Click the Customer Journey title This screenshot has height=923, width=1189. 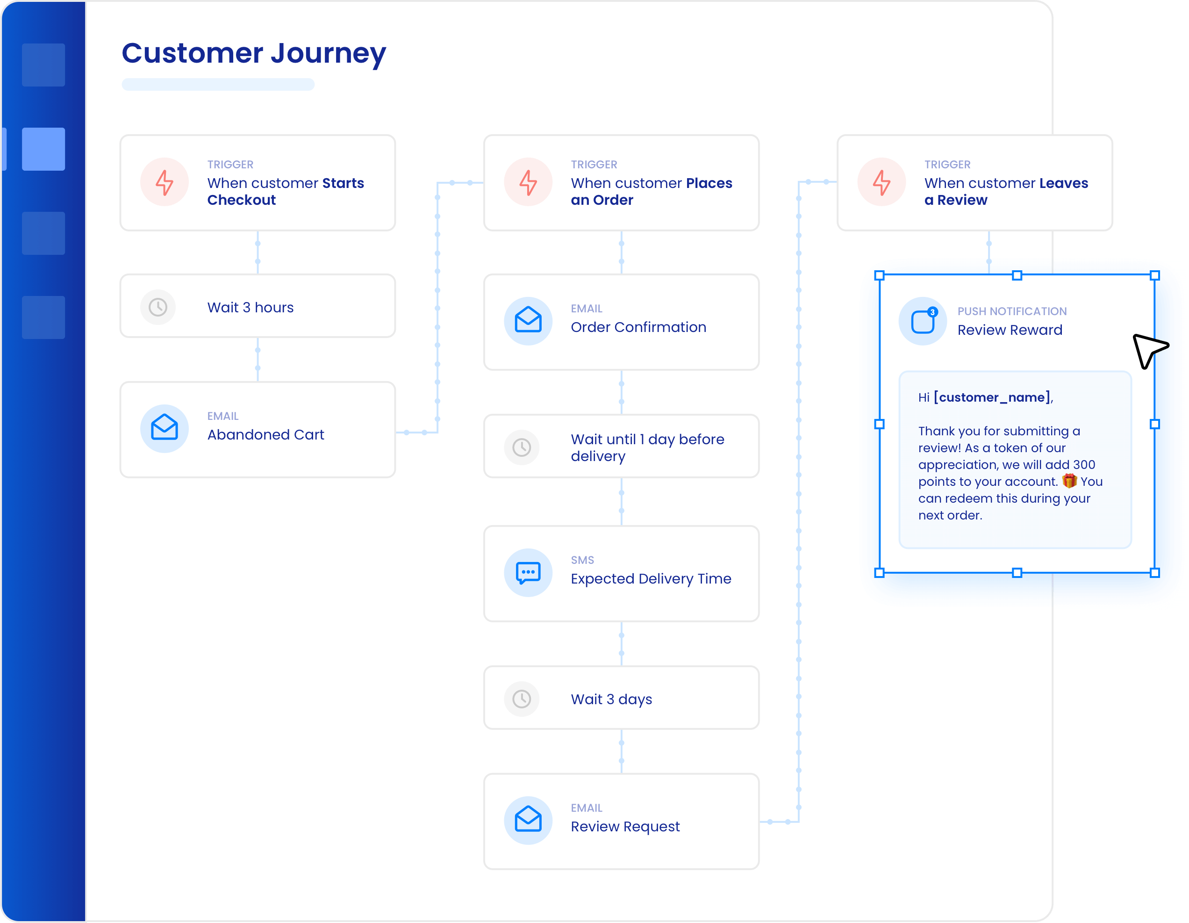[254, 53]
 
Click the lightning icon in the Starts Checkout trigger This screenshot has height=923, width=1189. [165, 182]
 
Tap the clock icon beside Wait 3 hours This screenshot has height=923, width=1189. [158, 307]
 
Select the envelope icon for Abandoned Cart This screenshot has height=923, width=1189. [165, 427]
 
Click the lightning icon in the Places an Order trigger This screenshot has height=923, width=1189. [528, 182]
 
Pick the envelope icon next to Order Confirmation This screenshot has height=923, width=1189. [528, 320]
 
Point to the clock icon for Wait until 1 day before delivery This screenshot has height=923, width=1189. [522, 447]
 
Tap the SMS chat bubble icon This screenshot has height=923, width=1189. [528, 573]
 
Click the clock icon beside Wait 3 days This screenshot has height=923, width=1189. [522, 699]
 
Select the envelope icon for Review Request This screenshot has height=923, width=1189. [528, 819]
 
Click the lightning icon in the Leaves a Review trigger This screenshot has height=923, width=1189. [881, 182]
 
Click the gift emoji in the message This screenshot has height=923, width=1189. [1069, 481]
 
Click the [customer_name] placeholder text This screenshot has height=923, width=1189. [992, 397]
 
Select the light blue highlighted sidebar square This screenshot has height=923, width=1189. [43, 149]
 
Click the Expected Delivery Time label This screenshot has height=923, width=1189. [651, 579]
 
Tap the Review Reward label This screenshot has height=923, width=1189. [1010, 330]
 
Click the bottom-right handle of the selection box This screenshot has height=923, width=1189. [1155, 573]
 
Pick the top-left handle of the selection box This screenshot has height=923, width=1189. [879, 275]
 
